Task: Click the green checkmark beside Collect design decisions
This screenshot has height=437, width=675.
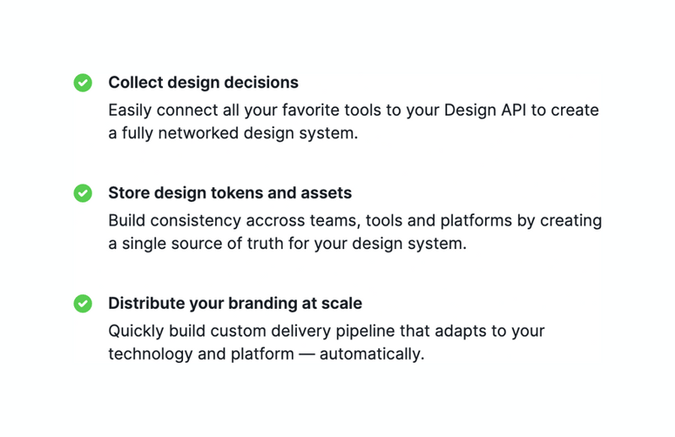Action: (x=83, y=83)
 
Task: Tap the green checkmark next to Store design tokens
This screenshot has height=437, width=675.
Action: (x=83, y=193)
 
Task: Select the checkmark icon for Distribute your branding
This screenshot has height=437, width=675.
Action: (x=83, y=304)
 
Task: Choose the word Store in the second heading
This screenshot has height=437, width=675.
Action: (x=127, y=193)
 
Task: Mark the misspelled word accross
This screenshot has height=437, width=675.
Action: (x=274, y=221)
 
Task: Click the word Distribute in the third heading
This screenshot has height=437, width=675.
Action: (x=145, y=304)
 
